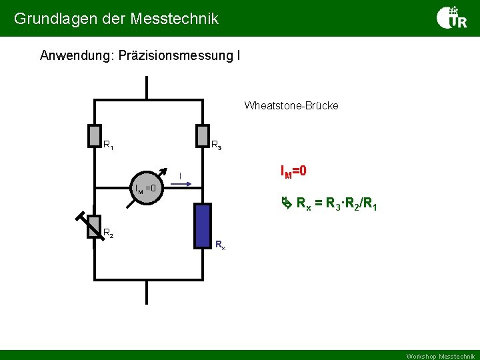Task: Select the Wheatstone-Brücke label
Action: tap(291, 105)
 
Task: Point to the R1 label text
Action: tap(108, 145)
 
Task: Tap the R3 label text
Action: tap(217, 145)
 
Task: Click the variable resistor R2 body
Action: tap(94, 226)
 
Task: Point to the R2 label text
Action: tap(108, 233)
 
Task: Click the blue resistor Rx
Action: tap(203, 225)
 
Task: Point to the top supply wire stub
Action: tap(147, 89)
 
